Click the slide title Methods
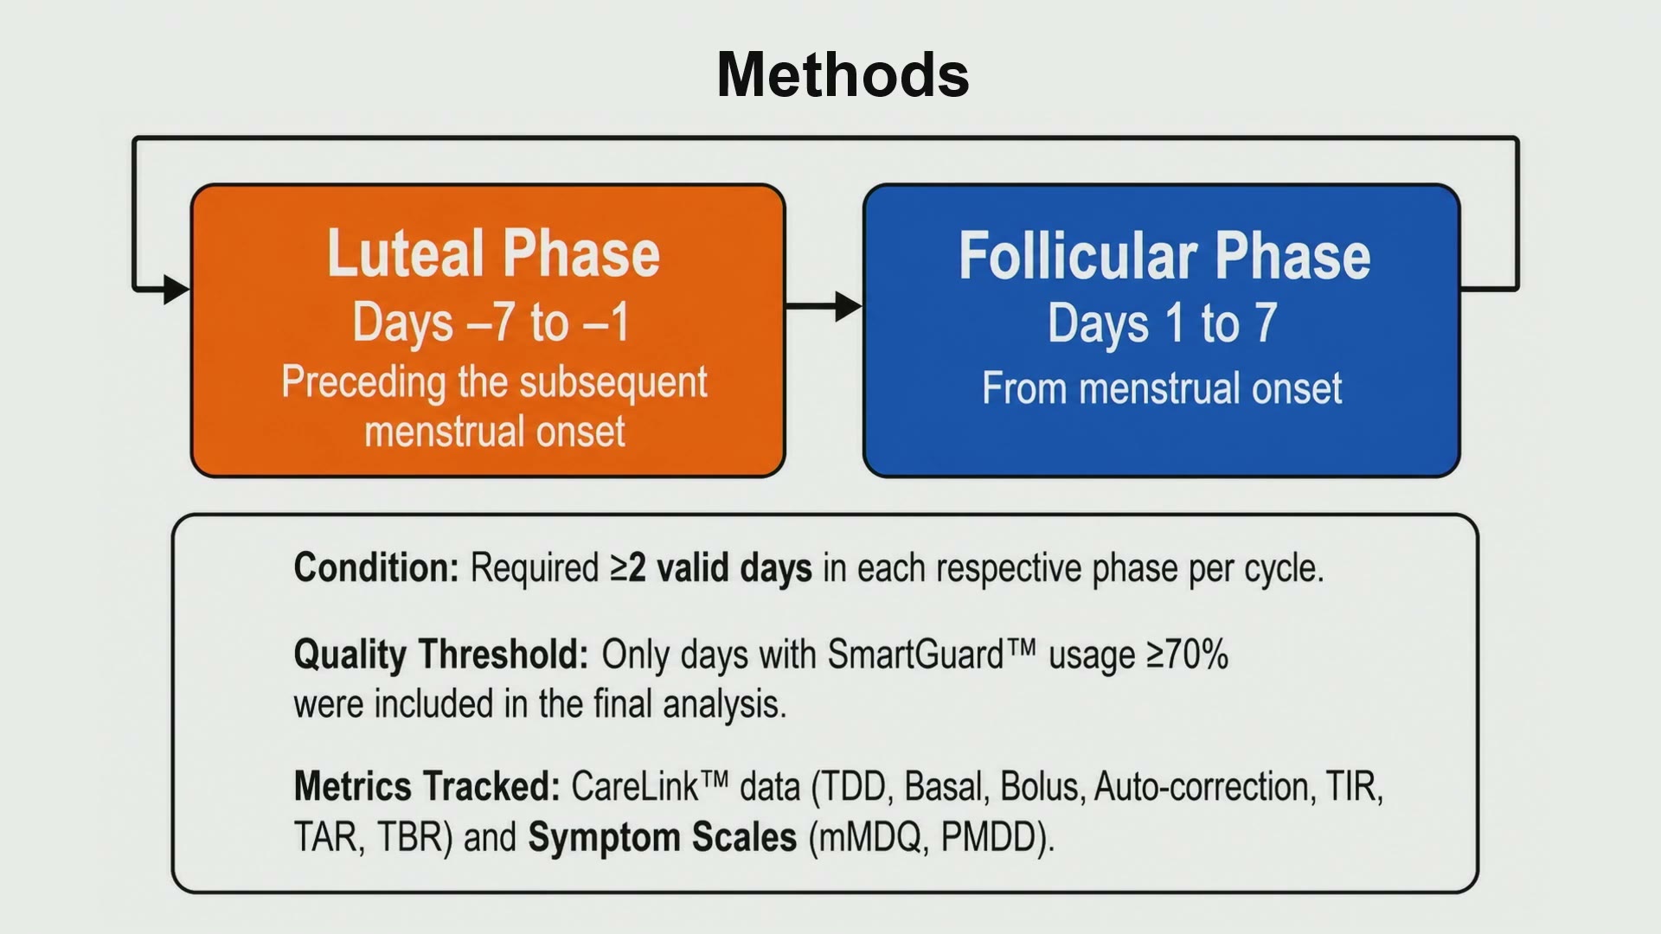pyautogui.click(x=843, y=74)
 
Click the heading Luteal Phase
pyautogui.click(x=494, y=253)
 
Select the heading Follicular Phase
pyautogui.click(x=1164, y=256)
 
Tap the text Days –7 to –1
pyautogui.click(x=491, y=323)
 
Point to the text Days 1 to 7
pyautogui.click(x=1163, y=323)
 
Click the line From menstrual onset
pyautogui.click(x=1162, y=387)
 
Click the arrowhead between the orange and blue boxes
pyautogui.click(x=849, y=306)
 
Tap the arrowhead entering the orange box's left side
pyautogui.click(x=176, y=289)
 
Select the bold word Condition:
pyautogui.click(x=376, y=568)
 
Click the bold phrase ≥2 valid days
pyautogui.click(x=711, y=568)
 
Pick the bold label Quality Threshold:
pyautogui.click(x=441, y=655)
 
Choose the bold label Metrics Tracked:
pyautogui.click(x=427, y=787)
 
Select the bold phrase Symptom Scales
pyautogui.click(x=662, y=837)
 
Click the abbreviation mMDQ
pyautogui.click(x=869, y=837)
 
